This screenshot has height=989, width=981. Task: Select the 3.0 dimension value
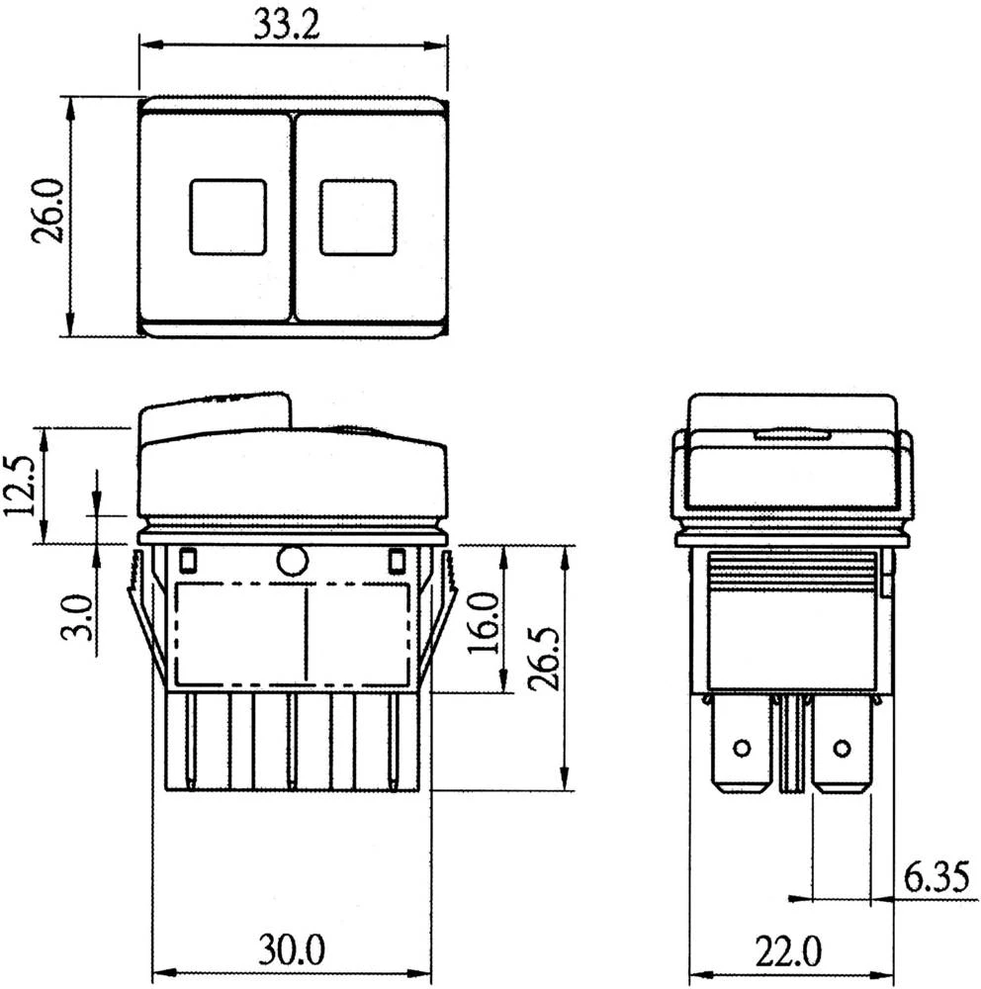81,617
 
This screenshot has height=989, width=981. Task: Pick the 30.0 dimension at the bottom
292,951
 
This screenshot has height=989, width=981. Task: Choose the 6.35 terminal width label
935,877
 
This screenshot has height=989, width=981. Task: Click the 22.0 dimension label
789,951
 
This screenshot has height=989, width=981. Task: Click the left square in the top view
227,217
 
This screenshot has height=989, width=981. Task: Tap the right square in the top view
358,217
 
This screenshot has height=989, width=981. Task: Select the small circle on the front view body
292,561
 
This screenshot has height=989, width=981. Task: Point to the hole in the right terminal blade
842,748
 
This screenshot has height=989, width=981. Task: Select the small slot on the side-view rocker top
791,433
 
